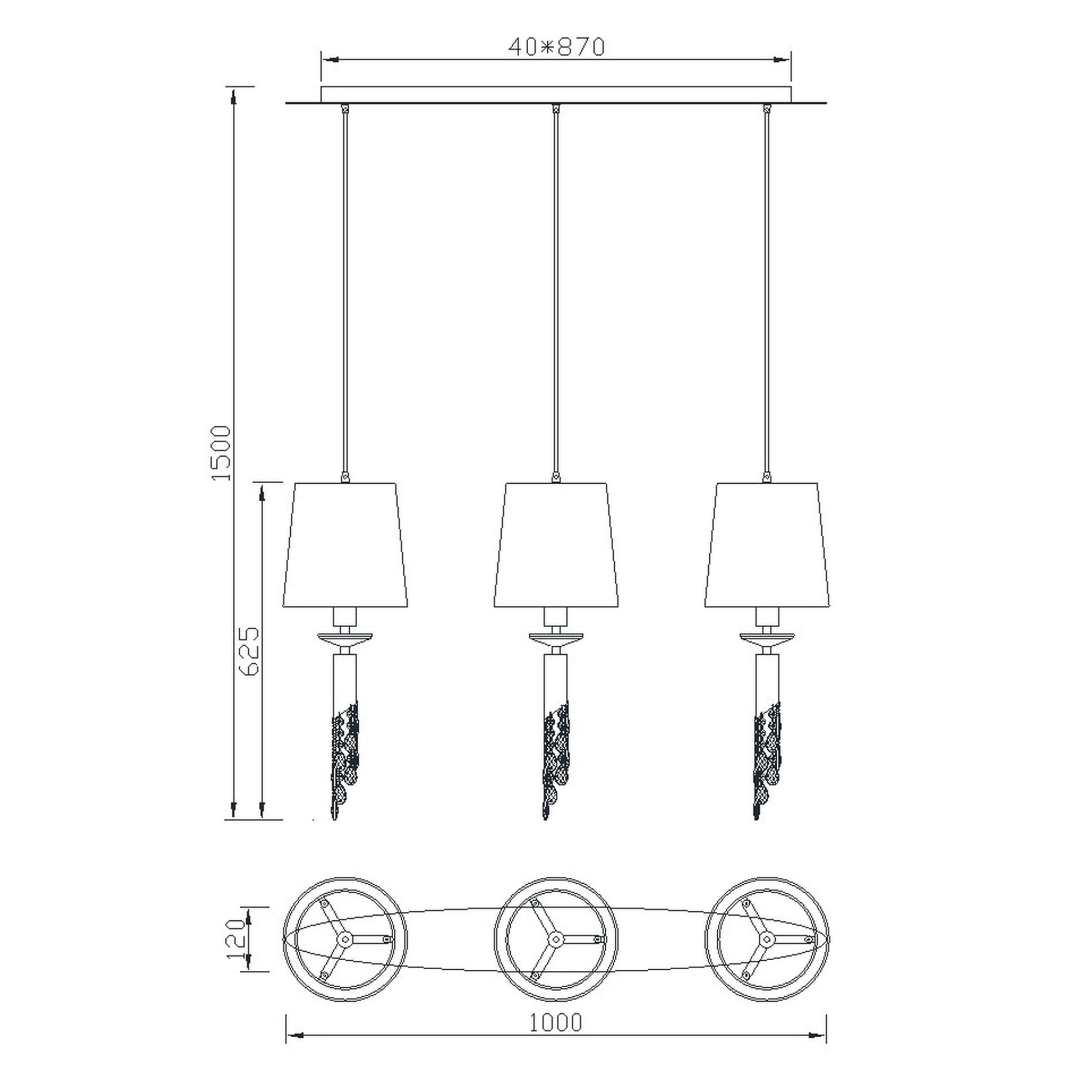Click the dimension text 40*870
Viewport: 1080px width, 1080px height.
pyautogui.click(x=556, y=47)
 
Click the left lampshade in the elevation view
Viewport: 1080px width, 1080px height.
pyautogui.click(x=345, y=544)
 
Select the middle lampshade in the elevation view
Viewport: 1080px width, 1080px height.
pyautogui.click(x=556, y=544)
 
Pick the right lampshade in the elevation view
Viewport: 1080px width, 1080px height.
pyautogui.click(x=767, y=544)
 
